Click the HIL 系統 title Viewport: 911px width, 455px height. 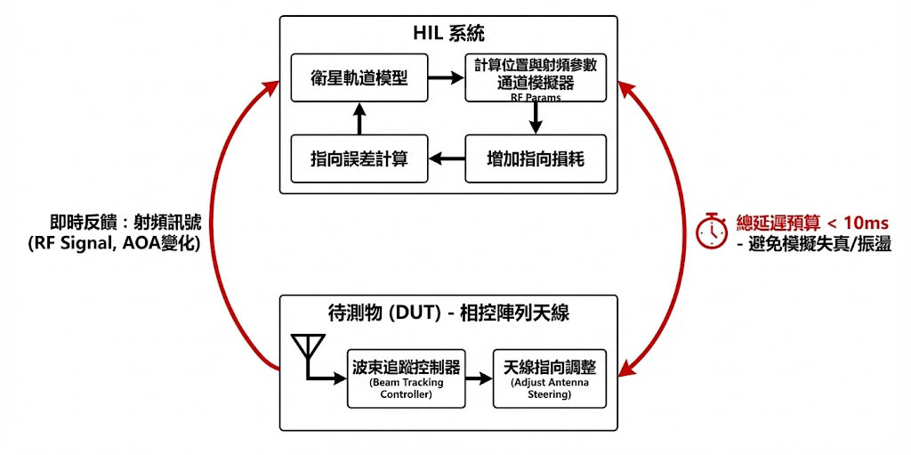448,35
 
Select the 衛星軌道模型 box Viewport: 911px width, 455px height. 359,77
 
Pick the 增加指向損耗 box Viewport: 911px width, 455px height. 535,158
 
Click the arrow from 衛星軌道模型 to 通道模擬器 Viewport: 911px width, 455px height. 446,77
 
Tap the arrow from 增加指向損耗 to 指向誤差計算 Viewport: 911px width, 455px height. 447,158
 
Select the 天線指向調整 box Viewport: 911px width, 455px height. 549,378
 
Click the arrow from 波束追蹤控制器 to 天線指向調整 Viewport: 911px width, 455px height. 477,378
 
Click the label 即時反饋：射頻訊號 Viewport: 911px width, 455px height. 125,223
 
